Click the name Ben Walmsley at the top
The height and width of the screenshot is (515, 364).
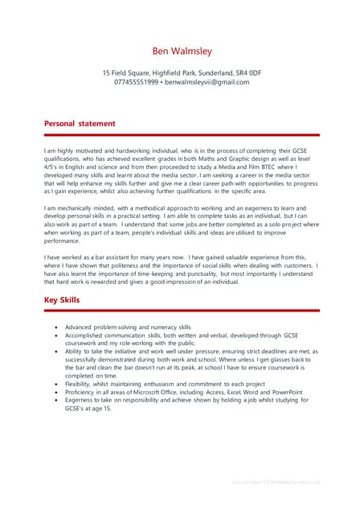click(x=182, y=51)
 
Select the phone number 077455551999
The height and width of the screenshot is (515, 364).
click(x=137, y=82)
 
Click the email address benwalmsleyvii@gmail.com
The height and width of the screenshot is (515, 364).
click(x=207, y=82)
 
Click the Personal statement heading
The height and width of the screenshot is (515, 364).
click(x=80, y=123)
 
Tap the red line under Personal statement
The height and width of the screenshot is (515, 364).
click(x=182, y=135)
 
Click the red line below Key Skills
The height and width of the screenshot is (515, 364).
click(x=182, y=311)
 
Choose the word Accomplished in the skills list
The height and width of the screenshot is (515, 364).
click(x=87, y=336)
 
